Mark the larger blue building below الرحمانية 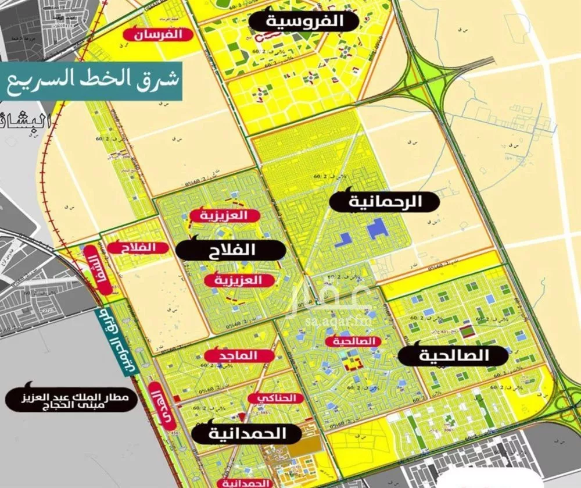click(375, 230)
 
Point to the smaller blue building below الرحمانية click(346, 237)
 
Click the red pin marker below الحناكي click(241, 416)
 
